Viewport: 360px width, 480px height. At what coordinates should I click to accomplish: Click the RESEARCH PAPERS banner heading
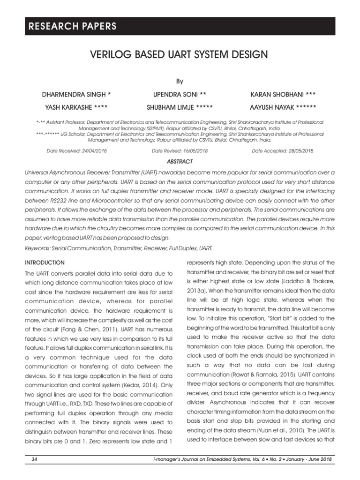click(x=71, y=27)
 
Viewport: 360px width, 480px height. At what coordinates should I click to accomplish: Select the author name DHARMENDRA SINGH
click(x=76, y=94)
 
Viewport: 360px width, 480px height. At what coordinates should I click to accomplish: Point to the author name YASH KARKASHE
click(x=76, y=106)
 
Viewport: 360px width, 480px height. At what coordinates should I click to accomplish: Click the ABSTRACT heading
click(x=180, y=161)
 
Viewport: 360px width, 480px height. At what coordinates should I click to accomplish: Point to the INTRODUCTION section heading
click(x=45, y=262)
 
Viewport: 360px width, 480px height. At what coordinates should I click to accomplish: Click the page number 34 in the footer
click(x=34, y=460)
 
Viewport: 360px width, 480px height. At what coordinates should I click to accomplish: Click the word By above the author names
click(x=180, y=81)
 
